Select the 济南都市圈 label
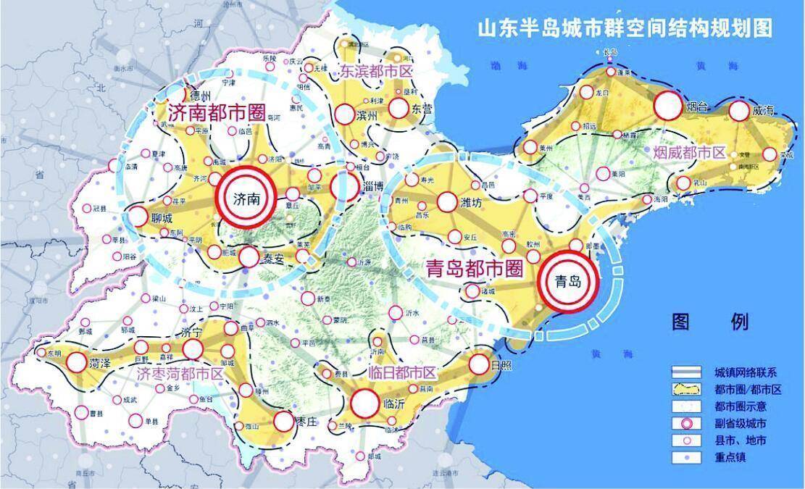pos(211,112)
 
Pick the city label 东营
pos(422,109)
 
